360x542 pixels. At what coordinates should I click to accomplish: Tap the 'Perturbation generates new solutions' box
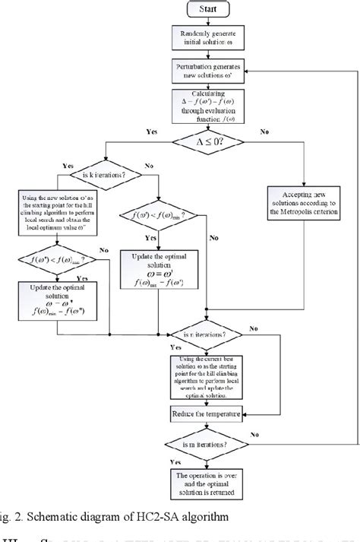point(207,76)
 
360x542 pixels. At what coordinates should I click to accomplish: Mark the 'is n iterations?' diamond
point(207,334)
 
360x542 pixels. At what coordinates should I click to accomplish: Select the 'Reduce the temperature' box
point(207,414)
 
